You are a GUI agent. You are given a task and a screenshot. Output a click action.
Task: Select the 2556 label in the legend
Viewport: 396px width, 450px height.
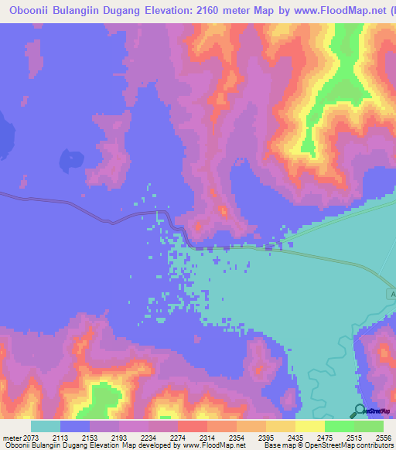tap(384, 438)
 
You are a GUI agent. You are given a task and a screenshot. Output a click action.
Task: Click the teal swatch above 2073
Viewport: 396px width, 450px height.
tap(46, 426)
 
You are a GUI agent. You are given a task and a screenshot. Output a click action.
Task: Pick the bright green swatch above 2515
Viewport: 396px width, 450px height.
tap(339, 426)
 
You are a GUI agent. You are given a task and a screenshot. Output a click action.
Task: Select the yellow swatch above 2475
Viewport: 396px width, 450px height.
tap(309, 426)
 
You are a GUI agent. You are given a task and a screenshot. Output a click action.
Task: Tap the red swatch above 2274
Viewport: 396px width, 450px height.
tap(192, 426)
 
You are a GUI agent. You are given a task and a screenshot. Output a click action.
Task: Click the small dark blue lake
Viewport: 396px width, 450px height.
tap(73, 160)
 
